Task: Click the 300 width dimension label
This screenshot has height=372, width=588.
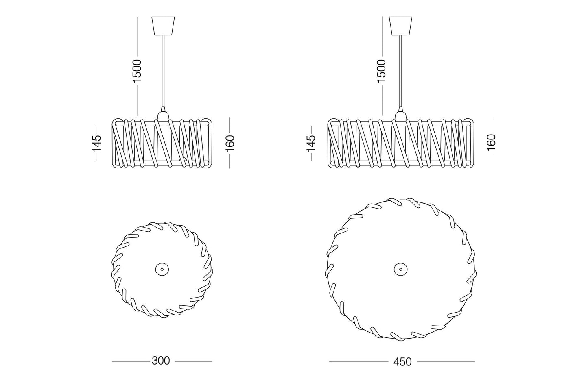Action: [x=161, y=361]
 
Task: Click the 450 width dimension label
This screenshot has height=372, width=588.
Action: [x=402, y=362]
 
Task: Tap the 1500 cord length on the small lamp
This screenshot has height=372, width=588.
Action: [x=137, y=71]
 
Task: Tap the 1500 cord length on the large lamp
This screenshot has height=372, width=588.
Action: [x=381, y=71]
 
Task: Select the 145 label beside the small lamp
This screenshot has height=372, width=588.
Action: [x=96, y=143]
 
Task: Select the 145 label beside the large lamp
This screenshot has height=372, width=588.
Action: [x=312, y=143]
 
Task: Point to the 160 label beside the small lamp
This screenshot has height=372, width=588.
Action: [x=230, y=143]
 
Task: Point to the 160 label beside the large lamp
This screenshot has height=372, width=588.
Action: [x=491, y=143]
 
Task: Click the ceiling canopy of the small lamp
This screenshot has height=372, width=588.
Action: [x=163, y=26]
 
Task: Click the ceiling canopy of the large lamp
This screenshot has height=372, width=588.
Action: [x=400, y=26]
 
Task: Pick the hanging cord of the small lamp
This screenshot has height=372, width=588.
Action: [x=163, y=71]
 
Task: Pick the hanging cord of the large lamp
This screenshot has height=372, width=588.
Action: [x=400, y=71]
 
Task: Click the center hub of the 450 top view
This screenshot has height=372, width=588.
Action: [x=401, y=269]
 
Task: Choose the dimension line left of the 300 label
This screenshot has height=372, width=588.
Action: [x=131, y=361]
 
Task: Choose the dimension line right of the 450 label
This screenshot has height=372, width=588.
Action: [x=446, y=361]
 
